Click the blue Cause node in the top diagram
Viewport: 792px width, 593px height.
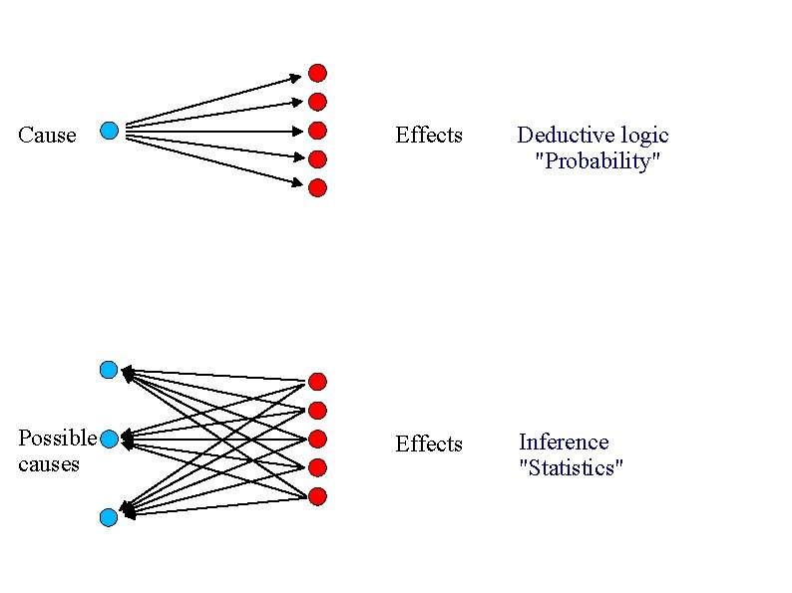[110, 130]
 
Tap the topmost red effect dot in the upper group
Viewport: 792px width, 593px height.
[317, 72]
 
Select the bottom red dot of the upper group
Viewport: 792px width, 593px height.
[317, 187]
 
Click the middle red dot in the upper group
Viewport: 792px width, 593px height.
[317, 130]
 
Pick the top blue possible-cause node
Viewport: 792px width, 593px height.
[109, 370]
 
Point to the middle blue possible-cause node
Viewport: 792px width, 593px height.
[110, 438]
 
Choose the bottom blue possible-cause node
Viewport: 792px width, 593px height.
[109, 516]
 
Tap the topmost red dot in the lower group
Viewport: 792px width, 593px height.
[317, 381]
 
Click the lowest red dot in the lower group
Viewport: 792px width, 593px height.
[317, 496]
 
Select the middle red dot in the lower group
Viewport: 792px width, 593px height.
[317, 439]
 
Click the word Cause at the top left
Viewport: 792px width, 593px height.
[47, 136]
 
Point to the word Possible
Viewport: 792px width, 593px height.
[57, 438]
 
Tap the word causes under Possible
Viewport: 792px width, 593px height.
[48, 463]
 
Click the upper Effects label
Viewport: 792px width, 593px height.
[429, 135]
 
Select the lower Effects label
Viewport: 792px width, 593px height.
[429, 444]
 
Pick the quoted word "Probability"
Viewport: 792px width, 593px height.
[597, 161]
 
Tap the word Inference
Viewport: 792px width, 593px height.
[564, 442]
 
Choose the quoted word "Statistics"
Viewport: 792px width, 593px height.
[571, 467]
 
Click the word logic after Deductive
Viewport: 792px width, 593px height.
[643, 136]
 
